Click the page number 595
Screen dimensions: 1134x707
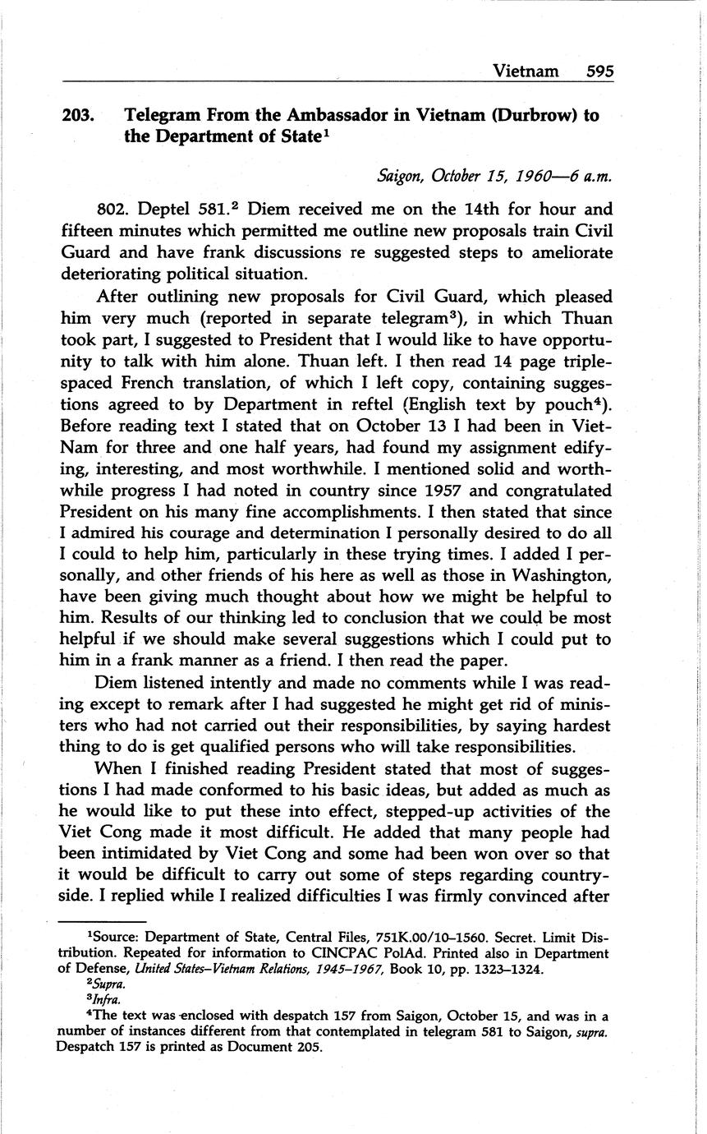point(600,71)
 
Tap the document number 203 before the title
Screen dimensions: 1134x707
point(78,116)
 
